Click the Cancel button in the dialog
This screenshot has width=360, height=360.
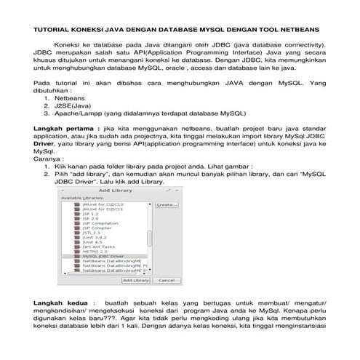pos(166,279)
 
